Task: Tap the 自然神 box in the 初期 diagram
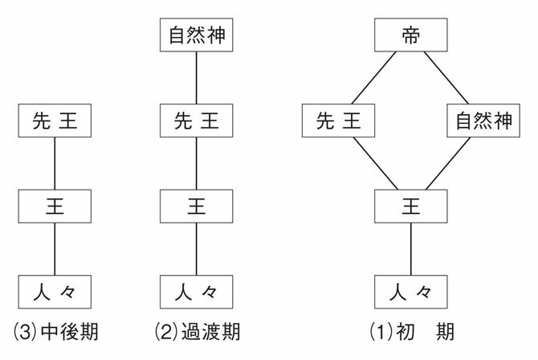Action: coord(483,121)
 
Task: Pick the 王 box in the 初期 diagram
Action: coord(410,207)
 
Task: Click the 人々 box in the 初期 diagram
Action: coord(410,291)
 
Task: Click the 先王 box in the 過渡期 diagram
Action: coord(197,121)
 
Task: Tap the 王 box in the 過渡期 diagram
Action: coord(197,207)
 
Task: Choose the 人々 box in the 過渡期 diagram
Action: coord(197,291)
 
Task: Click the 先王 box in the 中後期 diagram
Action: coord(54,121)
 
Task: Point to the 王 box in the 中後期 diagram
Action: coord(54,207)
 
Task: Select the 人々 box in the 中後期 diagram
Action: coord(54,291)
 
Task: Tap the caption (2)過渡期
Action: coord(198,331)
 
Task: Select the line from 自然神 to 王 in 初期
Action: coord(447,164)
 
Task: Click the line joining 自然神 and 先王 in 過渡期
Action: coord(197,79)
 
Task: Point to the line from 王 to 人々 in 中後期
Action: coord(54,248)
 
